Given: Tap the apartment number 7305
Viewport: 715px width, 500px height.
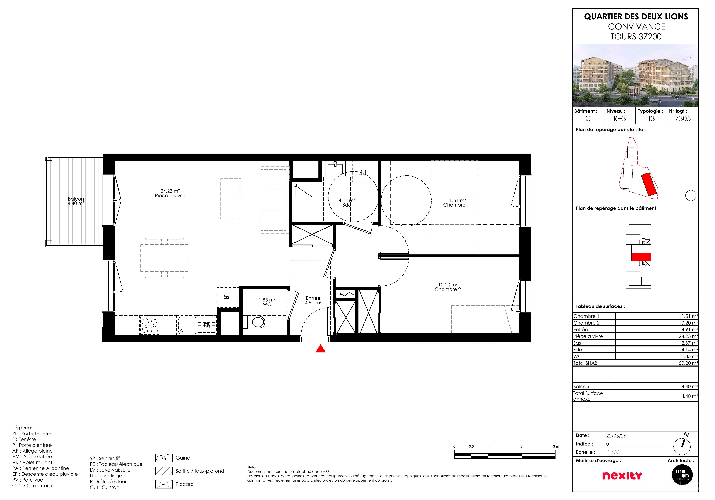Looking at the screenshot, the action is [x=690, y=120].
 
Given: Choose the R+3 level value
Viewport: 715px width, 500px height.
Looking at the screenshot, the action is [x=626, y=120].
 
